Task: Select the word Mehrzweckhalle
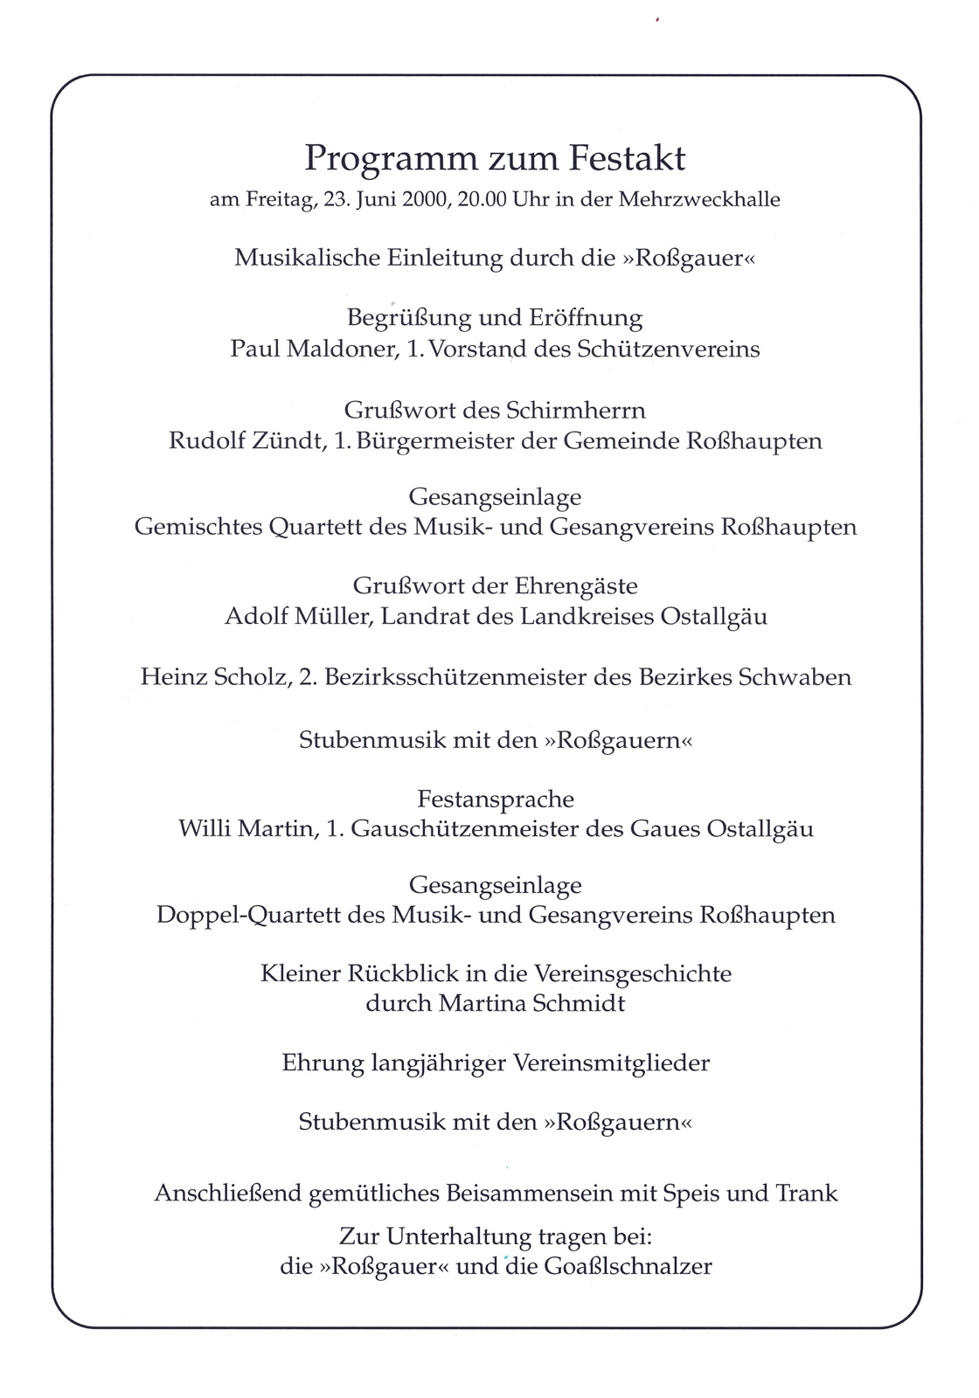(x=699, y=199)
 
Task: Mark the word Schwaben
(x=795, y=677)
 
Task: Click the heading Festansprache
(x=496, y=799)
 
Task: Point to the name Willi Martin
(x=246, y=828)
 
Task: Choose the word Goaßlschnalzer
(x=628, y=1265)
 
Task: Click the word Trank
(x=806, y=1193)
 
